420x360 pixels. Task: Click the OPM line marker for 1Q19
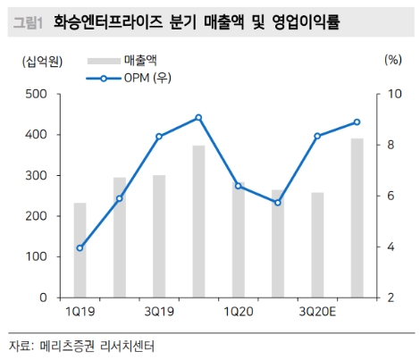tap(80, 247)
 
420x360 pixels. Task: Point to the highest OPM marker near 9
tap(198, 117)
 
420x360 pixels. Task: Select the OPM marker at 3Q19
tap(159, 136)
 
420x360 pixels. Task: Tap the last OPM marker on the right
tap(357, 121)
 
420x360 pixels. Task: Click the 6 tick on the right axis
tap(391, 196)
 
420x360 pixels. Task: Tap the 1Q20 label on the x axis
tap(238, 311)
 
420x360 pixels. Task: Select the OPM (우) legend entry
tap(148, 78)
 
